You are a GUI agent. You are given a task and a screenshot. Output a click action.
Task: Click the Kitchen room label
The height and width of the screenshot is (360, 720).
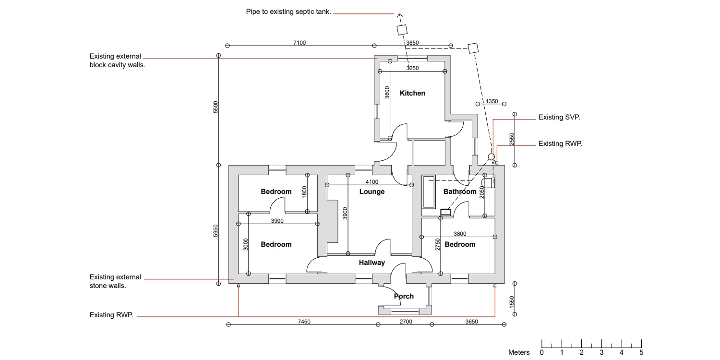(412, 93)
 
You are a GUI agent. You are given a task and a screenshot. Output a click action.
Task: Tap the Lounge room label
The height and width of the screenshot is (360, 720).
(372, 192)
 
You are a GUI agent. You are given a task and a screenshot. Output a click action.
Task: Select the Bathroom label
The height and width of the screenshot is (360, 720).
(459, 192)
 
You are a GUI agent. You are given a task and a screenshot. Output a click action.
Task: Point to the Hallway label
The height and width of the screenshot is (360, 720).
(372, 263)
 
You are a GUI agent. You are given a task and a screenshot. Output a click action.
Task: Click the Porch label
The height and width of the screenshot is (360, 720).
(404, 296)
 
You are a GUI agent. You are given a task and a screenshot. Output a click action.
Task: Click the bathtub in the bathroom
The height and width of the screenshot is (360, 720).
(428, 192)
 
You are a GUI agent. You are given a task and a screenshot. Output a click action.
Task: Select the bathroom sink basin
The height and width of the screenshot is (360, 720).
(445, 211)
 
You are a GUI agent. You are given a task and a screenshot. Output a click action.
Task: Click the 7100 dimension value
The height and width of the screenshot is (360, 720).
(300, 43)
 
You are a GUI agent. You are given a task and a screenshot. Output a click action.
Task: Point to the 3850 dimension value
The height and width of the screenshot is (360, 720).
(412, 43)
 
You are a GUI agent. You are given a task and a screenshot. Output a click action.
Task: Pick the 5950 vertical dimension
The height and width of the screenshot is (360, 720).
(216, 230)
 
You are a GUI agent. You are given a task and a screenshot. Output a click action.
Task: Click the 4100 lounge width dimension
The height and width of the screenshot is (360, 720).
(372, 182)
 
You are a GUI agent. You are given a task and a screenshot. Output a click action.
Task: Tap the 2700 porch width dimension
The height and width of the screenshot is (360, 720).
(406, 322)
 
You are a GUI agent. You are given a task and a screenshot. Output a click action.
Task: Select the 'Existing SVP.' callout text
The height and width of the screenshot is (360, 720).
(559, 117)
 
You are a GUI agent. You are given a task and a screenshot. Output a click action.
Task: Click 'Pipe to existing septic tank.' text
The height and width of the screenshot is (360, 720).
(288, 12)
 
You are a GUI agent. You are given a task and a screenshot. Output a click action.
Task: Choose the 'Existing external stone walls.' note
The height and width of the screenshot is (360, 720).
(115, 281)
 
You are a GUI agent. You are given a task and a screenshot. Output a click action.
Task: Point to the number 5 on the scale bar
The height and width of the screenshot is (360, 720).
(641, 353)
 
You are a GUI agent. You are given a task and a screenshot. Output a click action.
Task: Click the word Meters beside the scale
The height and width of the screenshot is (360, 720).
(519, 353)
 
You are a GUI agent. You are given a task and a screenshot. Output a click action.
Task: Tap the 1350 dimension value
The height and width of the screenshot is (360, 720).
(492, 102)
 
